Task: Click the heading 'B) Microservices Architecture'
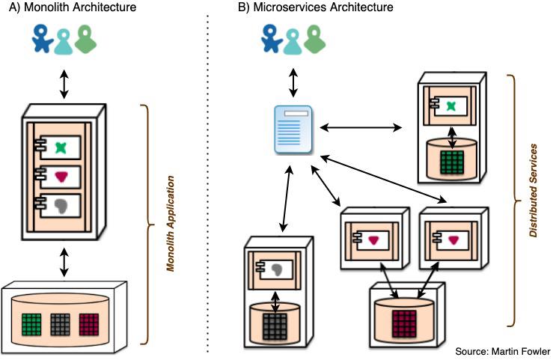point(308,8)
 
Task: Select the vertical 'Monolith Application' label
point(171,223)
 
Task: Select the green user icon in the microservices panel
point(314,40)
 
